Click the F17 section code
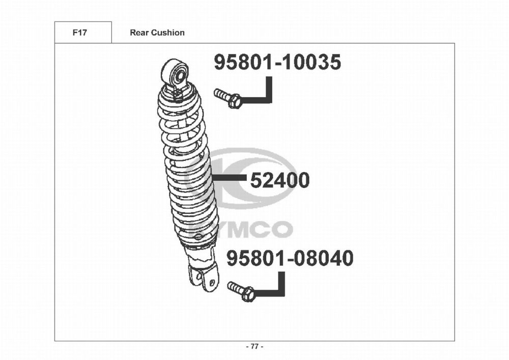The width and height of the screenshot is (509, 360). click(79, 33)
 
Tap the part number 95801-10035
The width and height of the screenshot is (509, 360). click(277, 62)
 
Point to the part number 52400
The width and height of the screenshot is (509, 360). click(280, 180)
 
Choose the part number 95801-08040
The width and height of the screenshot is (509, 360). click(290, 258)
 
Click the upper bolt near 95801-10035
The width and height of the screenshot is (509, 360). click(228, 98)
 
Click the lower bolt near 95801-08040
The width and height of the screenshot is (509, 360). click(241, 291)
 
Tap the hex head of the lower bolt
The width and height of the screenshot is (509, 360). click(248, 294)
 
